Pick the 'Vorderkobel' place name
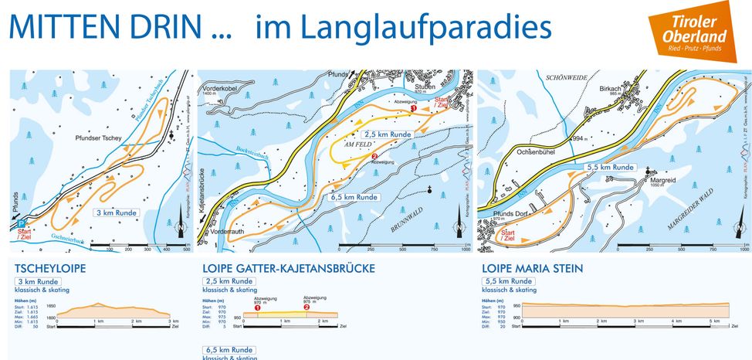pyautogui.click(x=225, y=87)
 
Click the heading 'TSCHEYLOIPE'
pyautogui.click(x=50, y=269)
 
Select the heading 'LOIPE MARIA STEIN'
pyautogui.click(x=532, y=269)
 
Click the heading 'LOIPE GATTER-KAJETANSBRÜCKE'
pyautogui.click(x=289, y=269)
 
